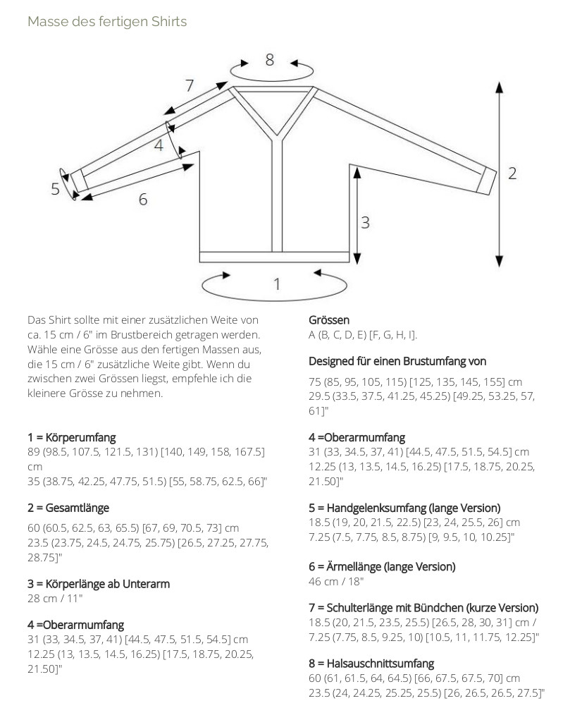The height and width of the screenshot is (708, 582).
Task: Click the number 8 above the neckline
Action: [x=269, y=60]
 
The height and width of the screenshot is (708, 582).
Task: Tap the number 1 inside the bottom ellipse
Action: [x=277, y=283]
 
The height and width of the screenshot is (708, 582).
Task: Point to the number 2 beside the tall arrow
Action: [x=512, y=173]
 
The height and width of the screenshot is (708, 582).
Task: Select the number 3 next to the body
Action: [x=365, y=222]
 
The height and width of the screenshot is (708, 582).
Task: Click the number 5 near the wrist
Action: [x=55, y=189]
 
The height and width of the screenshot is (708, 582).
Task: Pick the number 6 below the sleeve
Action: [x=143, y=200]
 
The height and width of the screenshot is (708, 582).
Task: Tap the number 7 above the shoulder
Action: [x=189, y=86]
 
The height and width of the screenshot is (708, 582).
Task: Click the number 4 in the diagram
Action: [x=159, y=145]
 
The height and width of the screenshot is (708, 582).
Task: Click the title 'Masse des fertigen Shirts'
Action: [x=107, y=21]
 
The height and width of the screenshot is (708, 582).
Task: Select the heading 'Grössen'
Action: [x=329, y=320]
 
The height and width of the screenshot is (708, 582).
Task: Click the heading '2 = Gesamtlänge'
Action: [x=68, y=508]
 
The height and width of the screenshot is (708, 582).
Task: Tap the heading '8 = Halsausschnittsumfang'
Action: [x=371, y=664]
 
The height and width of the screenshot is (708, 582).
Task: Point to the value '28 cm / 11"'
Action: [x=54, y=599]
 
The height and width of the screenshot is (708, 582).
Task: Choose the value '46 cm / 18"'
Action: [x=335, y=582]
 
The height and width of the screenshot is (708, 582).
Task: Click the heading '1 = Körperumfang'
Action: [x=72, y=438]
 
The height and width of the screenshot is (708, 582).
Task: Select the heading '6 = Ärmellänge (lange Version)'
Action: [x=382, y=566]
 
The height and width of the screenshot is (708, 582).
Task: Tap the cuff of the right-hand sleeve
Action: [x=484, y=181]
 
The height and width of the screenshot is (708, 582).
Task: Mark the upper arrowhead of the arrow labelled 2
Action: [x=499, y=87]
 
